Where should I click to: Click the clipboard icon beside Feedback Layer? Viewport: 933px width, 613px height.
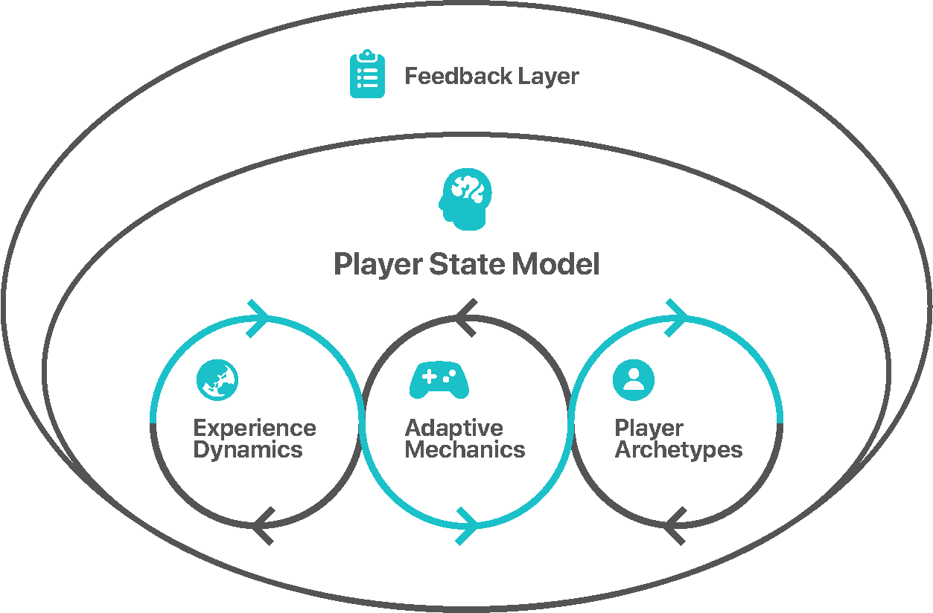(367, 74)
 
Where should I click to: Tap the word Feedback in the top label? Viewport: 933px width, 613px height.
(458, 76)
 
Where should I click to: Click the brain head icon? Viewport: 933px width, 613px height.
(465, 199)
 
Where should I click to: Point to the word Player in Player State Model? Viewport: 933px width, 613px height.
(378, 265)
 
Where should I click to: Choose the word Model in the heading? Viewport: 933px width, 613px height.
(555, 264)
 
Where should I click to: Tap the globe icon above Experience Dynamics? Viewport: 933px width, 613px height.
(217, 380)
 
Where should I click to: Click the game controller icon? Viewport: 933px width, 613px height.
(439, 379)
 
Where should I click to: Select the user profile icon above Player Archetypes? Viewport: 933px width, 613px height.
(634, 380)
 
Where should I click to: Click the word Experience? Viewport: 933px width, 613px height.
(255, 429)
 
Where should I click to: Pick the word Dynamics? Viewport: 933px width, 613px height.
(248, 451)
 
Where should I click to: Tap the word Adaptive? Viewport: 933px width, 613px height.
(454, 429)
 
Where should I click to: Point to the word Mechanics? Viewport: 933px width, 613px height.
(465, 450)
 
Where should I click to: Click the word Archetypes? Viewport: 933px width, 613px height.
(678, 451)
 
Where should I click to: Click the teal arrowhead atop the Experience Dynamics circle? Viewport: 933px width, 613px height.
(258, 319)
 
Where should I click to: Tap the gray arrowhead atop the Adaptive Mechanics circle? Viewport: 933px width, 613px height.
(465, 318)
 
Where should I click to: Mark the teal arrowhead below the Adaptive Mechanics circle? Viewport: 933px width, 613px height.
(466, 526)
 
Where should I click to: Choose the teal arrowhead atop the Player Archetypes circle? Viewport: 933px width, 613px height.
(676, 318)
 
